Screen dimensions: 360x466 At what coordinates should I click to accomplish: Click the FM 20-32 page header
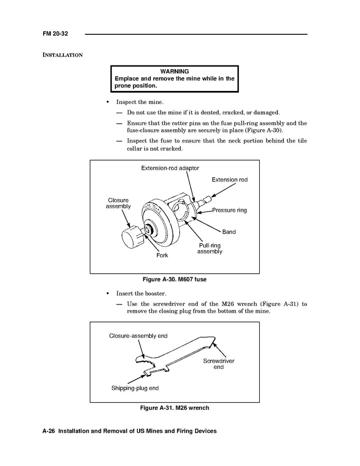(55, 34)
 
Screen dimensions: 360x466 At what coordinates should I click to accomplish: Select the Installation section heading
(62, 55)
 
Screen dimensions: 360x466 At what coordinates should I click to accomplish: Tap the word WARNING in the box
(175, 71)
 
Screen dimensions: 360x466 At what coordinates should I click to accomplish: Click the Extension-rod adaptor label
(170, 168)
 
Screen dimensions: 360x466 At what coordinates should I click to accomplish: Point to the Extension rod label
(230, 180)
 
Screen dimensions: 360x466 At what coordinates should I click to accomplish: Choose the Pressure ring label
(230, 210)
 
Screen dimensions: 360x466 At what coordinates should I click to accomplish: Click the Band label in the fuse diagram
(229, 232)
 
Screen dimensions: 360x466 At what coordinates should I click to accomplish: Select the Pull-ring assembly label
(209, 248)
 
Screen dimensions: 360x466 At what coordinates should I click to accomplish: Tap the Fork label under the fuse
(162, 255)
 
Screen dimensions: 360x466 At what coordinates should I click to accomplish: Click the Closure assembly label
(118, 203)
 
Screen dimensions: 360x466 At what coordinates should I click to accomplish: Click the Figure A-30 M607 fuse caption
(175, 279)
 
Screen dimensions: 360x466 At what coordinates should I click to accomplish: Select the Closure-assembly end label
(138, 336)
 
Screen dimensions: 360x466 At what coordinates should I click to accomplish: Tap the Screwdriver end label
(219, 364)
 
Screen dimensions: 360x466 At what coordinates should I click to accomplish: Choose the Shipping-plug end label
(135, 388)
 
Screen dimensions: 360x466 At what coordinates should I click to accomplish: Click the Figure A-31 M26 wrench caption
(175, 408)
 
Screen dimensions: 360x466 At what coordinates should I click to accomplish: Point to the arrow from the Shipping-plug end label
(137, 379)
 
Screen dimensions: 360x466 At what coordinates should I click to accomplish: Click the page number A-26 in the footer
(49, 431)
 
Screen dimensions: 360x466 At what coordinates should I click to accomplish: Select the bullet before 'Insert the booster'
(108, 294)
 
